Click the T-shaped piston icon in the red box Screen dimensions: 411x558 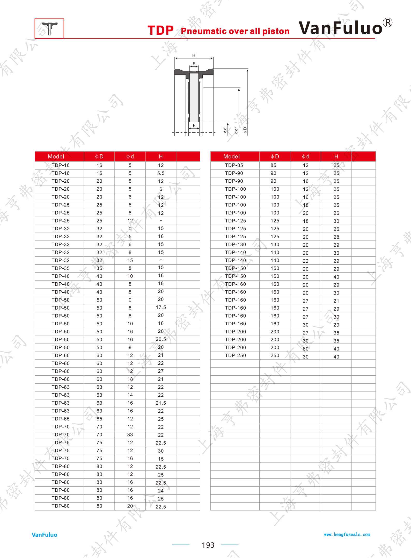click(x=50, y=28)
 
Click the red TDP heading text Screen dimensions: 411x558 click(x=160, y=30)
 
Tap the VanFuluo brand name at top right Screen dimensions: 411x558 click(x=340, y=28)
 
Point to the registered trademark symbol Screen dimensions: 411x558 click(x=387, y=23)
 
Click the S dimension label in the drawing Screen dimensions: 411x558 click(x=194, y=64)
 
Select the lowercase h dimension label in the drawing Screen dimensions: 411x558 click(x=194, y=126)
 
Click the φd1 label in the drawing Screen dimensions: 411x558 click(x=236, y=130)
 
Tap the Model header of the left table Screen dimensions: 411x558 click(x=56, y=156)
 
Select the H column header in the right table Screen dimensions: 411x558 click(x=336, y=156)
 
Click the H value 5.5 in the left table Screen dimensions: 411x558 click(x=161, y=173)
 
